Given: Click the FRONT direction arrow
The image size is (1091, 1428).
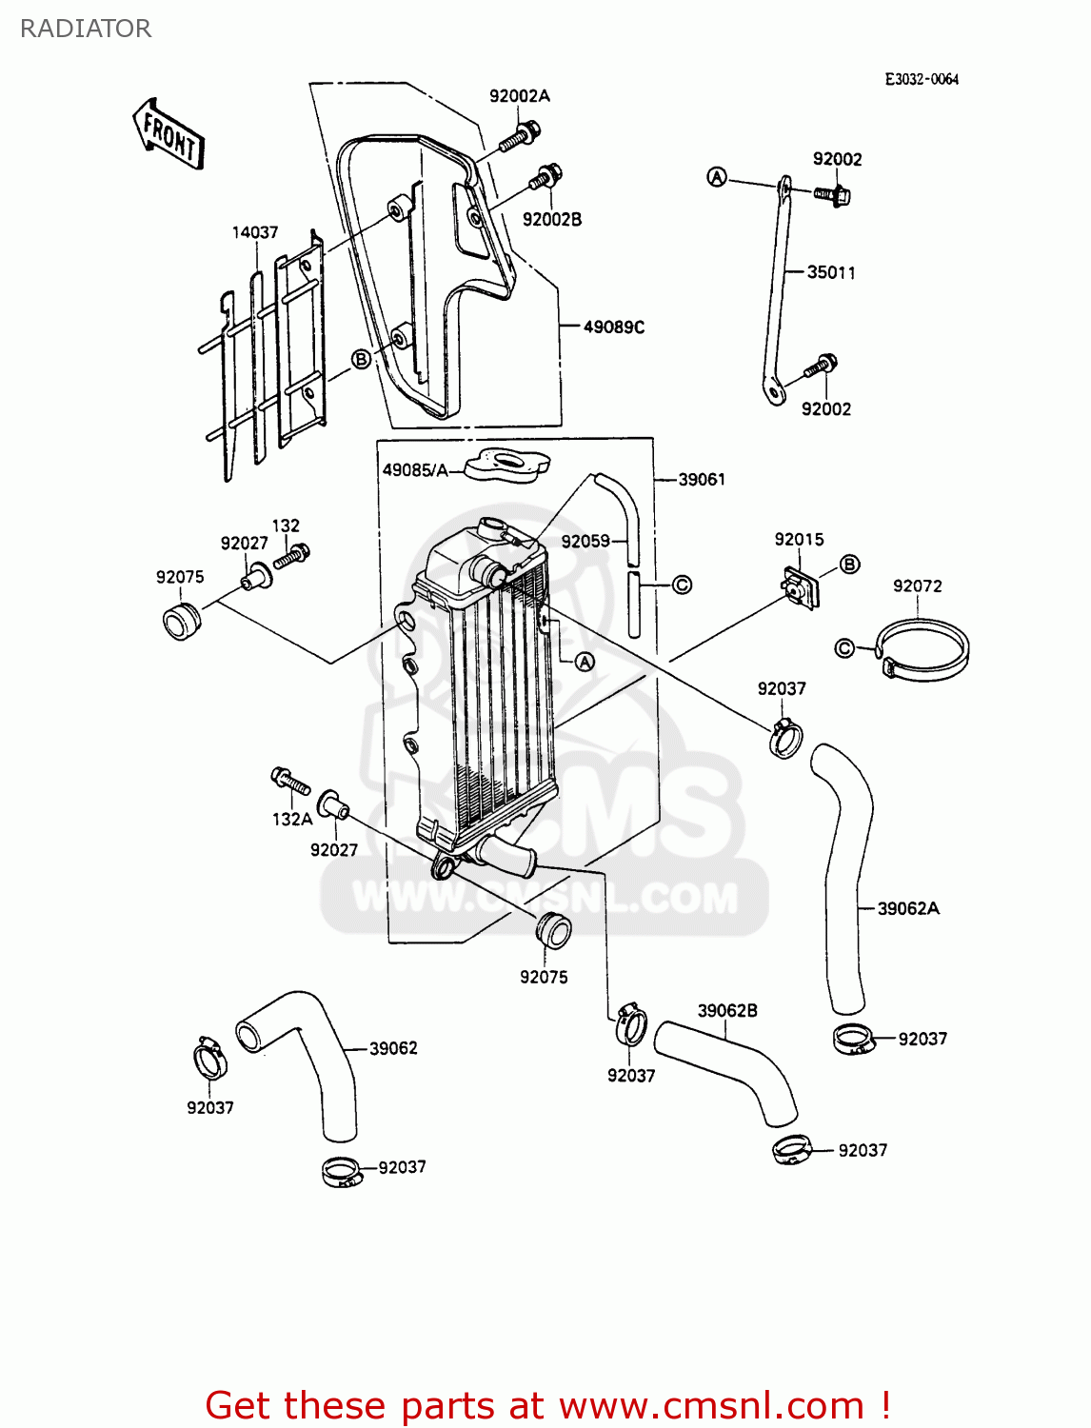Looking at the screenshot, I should pos(169,133).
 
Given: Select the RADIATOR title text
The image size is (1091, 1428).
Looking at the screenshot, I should pos(86,29).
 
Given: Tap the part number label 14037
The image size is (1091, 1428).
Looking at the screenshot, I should pos(255,232).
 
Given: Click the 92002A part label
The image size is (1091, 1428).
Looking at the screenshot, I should pos(520,96).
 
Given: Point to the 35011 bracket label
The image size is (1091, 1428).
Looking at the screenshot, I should pos(831,273).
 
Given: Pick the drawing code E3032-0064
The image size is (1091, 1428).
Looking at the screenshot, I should pos(922,80).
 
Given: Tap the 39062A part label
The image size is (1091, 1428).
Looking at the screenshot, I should pos(908,909).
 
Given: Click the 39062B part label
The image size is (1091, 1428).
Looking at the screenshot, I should pos(727,1011).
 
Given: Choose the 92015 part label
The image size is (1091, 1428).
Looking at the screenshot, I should pos(799,540).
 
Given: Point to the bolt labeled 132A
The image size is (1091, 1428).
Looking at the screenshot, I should pos(290,783).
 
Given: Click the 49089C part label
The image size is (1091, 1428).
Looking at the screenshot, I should pos(614,327).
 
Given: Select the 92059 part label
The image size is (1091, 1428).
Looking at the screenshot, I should pos(585,542).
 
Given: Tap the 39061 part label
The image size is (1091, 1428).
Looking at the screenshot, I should pos(702,480).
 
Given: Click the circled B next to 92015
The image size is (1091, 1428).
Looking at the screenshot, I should pos(850,564).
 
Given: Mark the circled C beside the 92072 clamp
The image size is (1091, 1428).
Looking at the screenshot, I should pos(844,648).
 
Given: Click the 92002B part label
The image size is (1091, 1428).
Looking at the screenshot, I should pos(552,220).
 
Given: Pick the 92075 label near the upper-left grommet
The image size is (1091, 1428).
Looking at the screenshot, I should pos(180,577).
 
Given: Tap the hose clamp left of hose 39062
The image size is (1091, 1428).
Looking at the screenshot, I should pos(209,1059).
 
